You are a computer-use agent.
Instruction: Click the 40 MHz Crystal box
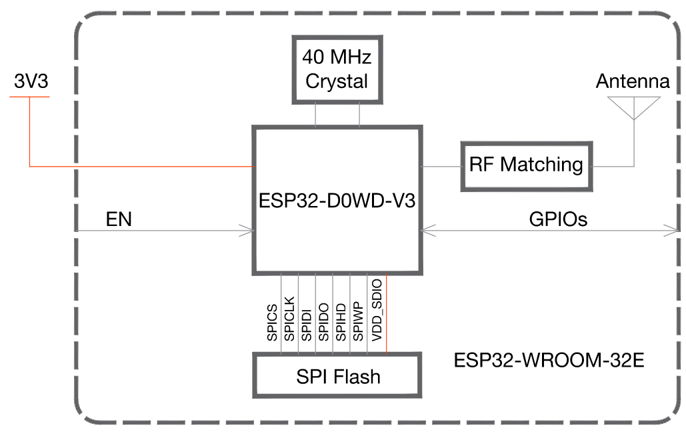coord(337,70)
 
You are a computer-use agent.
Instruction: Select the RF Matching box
coord(526,165)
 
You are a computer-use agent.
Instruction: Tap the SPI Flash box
coord(337,377)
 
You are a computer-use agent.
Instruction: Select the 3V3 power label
coord(31,82)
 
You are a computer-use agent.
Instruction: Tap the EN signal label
coord(119,220)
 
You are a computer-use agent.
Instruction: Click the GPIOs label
coord(558,219)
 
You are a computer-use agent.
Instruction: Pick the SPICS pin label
coord(273,323)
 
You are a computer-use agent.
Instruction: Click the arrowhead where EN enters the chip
coord(248,231)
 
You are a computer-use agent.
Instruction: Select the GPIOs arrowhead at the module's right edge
coord(673,231)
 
